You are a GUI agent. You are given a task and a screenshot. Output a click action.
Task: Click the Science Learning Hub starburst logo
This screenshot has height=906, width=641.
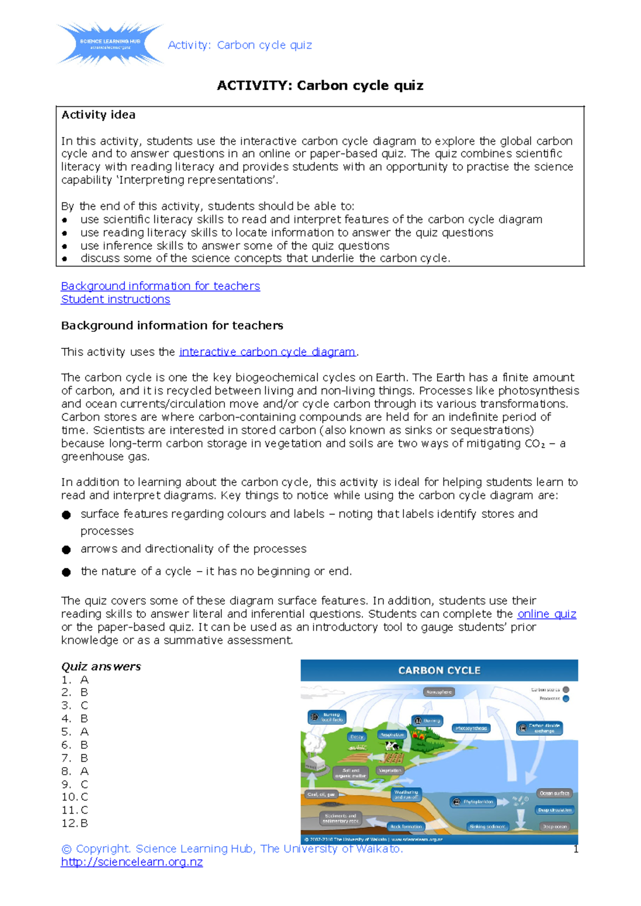110,44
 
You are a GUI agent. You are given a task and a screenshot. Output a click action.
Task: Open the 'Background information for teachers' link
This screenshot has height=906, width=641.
160,286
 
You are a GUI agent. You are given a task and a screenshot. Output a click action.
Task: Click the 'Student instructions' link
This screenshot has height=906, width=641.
115,299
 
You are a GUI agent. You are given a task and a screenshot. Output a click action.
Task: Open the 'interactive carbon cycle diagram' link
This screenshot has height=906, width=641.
267,352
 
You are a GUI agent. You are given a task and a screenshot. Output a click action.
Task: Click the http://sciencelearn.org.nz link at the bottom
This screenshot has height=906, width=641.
131,862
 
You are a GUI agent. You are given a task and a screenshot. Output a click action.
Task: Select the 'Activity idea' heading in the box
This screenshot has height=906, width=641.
98,115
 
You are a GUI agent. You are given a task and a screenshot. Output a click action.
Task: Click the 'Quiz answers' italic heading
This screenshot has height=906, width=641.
101,666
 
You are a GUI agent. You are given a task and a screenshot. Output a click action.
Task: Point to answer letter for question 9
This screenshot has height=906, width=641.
84,784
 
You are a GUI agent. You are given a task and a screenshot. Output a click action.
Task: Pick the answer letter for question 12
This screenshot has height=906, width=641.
84,823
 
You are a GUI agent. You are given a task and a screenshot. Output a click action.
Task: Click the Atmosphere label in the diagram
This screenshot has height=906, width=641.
439,692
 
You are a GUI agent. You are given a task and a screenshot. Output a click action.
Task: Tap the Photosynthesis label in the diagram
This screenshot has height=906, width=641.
471,728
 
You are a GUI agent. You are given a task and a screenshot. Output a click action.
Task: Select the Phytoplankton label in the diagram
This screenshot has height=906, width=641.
474,802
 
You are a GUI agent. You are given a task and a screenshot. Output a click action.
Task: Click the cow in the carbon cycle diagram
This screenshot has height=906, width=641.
393,746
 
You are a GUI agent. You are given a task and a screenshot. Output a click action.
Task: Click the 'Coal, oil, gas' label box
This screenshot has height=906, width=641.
321,794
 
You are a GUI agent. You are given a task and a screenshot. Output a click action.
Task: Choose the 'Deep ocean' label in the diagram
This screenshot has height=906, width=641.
555,826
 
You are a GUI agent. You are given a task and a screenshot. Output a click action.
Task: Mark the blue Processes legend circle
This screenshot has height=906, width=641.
566,698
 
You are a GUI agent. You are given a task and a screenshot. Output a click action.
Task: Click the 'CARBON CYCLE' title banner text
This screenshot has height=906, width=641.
439,670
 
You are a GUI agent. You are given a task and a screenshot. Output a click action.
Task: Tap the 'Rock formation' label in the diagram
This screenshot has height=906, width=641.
406,826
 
